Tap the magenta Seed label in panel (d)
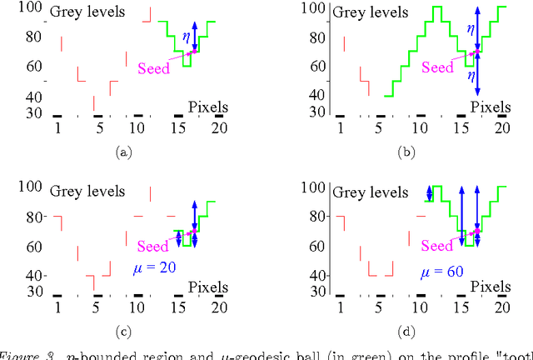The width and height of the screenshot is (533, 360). point(437,246)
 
